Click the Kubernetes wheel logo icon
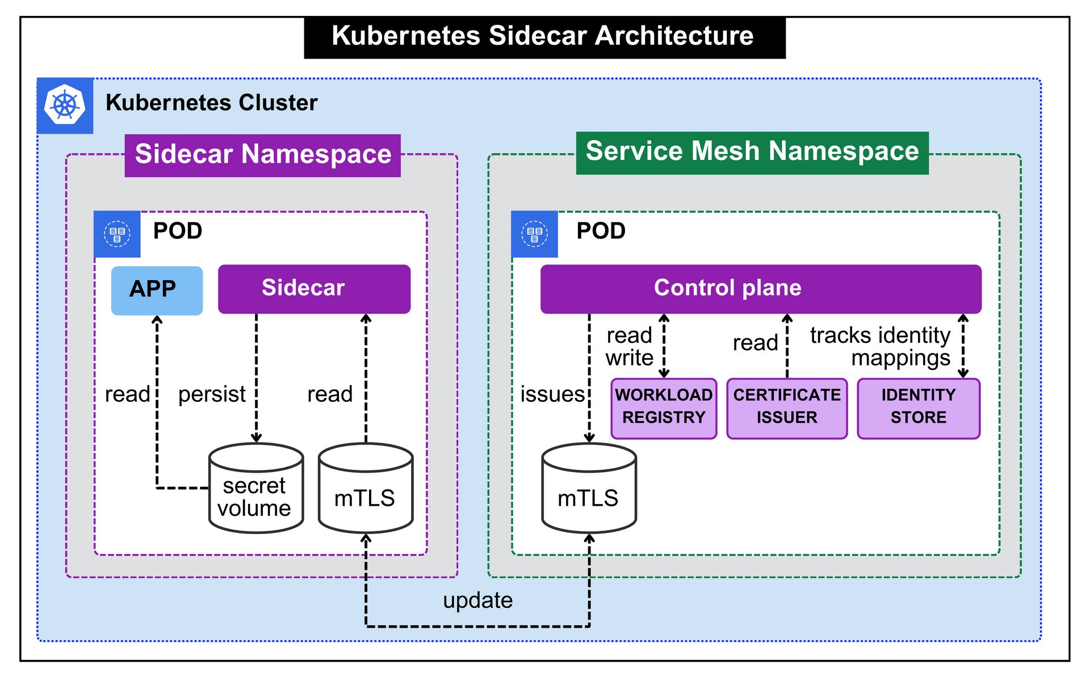point(65,106)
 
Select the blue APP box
point(157,290)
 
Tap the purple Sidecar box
point(314,289)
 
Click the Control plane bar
point(760,289)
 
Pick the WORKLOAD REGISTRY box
point(664,408)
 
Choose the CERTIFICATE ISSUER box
point(787,408)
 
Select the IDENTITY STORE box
point(918,408)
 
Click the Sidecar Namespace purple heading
point(263,155)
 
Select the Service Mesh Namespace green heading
point(752,153)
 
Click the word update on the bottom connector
point(477,600)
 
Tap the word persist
point(212,394)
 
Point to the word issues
point(552,394)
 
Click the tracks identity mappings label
point(881,346)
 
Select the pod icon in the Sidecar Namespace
point(117,234)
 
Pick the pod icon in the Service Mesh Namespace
point(534,234)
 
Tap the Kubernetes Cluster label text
point(211,103)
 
